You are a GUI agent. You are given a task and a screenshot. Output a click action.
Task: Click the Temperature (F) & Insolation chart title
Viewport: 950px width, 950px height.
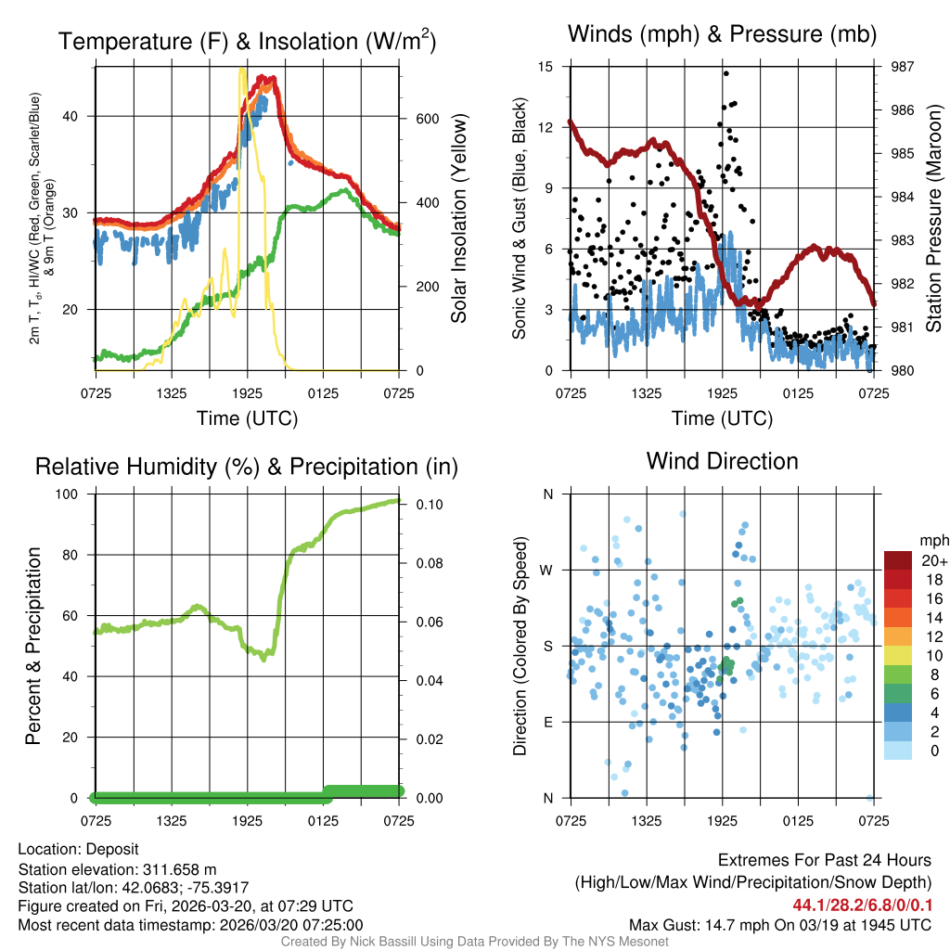tap(247, 42)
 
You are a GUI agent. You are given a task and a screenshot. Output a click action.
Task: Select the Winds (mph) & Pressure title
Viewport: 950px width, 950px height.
tap(722, 34)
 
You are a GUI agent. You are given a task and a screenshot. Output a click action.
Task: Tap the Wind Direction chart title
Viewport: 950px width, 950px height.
tap(722, 461)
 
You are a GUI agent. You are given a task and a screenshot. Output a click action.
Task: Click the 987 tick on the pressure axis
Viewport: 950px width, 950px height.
tap(903, 67)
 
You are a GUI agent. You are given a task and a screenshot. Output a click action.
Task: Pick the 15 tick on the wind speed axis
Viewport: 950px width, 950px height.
tap(546, 67)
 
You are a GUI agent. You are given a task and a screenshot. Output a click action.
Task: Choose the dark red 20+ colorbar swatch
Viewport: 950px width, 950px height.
tap(899, 560)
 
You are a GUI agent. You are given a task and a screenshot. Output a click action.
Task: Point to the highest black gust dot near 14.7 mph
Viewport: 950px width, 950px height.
tap(725, 73)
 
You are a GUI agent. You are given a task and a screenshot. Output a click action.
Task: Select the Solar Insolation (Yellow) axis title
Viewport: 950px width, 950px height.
tap(458, 219)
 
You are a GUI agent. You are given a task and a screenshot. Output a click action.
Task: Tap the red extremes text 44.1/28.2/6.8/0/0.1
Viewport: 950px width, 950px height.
tap(862, 905)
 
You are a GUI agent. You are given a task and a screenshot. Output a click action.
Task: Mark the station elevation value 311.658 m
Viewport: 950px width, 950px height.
tap(179, 869)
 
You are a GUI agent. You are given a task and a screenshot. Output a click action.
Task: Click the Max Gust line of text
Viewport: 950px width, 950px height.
tap(779, 924)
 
